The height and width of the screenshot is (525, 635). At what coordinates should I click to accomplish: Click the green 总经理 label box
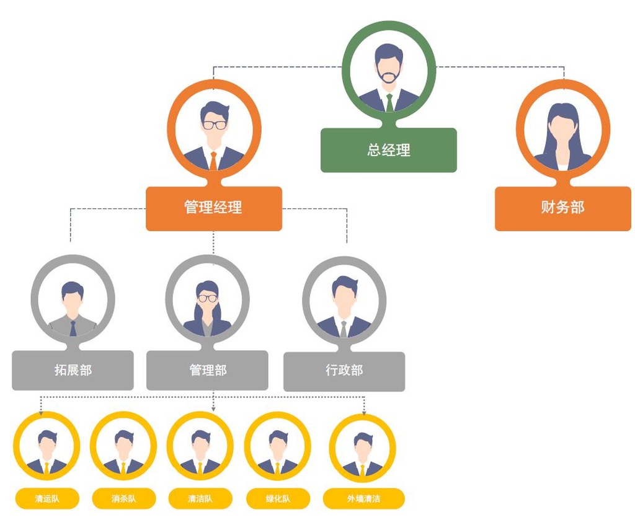click(x=389, y=150)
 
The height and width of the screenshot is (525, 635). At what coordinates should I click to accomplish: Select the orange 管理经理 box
click(x=213, y=208)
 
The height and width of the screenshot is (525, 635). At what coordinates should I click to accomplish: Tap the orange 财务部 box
click(x=562, y=208)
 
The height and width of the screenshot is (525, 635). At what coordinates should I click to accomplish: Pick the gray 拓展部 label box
click(x=73, y=371)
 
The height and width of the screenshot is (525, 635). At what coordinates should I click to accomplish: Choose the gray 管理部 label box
click(x=207, y=371)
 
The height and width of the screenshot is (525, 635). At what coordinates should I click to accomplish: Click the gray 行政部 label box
click(x=344, y=371)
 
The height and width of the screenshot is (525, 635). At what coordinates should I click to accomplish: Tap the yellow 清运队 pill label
click(x=47, y=499)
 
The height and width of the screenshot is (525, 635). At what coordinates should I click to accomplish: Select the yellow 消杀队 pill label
click(x=123, y=499)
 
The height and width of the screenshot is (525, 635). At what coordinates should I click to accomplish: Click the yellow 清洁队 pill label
click(x=200, y=499)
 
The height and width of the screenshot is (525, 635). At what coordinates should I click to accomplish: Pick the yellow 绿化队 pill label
click(x=277, y=499)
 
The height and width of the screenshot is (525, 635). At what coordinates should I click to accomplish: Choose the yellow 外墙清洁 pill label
click(x=363, y=499)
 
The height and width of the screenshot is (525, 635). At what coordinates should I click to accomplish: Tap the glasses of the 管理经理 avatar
click(x=215, y=125)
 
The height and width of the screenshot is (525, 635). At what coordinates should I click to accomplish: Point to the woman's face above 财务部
click(x=563, y=128)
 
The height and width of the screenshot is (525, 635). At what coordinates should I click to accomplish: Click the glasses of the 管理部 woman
click(x=208, y=298)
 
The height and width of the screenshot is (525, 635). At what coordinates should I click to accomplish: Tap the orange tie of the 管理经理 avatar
click(x=213, y=160)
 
